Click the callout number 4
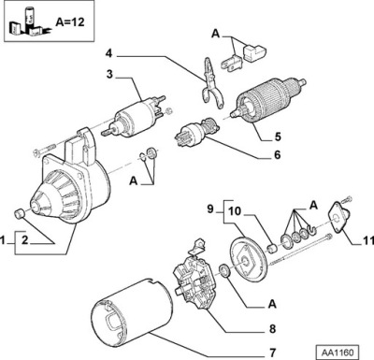tap(108, 53)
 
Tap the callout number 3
tap(109, 75)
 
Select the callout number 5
tap(278, 137)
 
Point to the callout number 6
tap(277, 154)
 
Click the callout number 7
tap(273, 353)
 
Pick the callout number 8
tap(272, 328)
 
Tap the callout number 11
tap(368, 240)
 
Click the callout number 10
tap(235, 211)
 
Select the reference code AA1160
tap(338, 353)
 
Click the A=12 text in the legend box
tap(70, 22)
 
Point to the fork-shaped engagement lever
tap(211, 83)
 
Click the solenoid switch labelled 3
tap(134, 118)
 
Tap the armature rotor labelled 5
tap(268, 98)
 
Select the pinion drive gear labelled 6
tap(196, 133)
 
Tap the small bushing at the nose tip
tap(20, 214)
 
